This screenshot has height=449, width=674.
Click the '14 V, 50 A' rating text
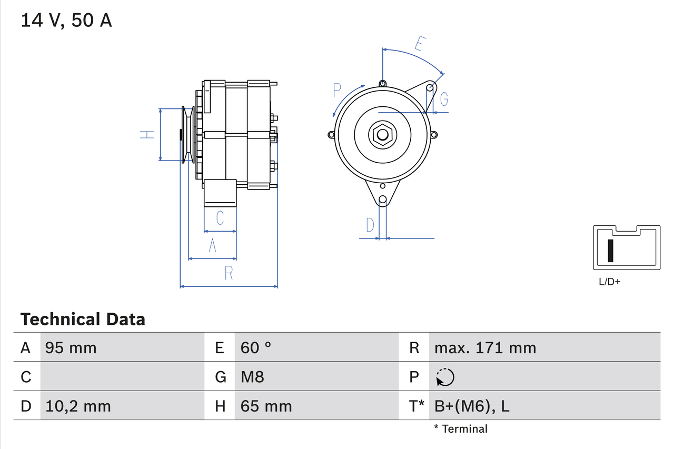point(66,21)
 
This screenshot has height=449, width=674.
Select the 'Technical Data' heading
point(83,319)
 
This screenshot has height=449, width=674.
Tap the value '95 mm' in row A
point(71,347)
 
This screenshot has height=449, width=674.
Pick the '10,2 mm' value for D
point(78,406)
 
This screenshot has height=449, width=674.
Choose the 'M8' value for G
point(252,377)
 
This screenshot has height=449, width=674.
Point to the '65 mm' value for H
point(266,406)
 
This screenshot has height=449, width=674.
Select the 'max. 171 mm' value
point(485,347)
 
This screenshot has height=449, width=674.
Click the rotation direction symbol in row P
point(445,377)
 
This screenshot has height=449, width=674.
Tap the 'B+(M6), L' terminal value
point(472,406)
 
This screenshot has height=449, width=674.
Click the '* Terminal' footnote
point(461,429)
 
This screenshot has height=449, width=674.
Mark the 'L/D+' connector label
point(610,282)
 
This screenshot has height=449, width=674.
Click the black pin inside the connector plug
point(610,251)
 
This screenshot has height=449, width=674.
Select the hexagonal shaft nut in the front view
point(382,135)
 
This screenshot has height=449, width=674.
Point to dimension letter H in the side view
point(147,135)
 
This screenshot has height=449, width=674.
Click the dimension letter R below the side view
point(229,273)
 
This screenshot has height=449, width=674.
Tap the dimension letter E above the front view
point(420,43)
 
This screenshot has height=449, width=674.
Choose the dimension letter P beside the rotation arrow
point(338,90)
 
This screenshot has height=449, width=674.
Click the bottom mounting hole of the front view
point(383,199)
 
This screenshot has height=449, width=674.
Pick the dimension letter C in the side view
point(220,217)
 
